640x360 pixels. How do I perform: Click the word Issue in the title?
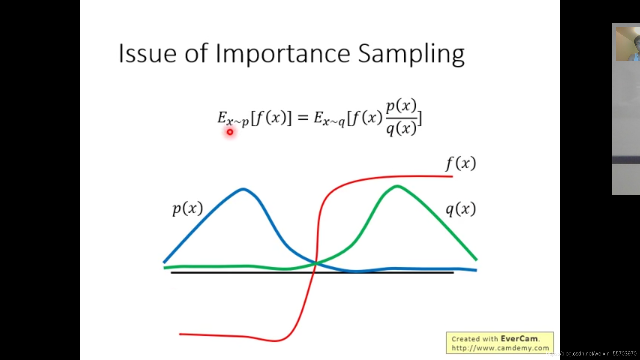[x=147, y=53]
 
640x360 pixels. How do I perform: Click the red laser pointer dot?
[x=230, y=132]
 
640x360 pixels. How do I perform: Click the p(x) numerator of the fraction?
[x=401, y=106]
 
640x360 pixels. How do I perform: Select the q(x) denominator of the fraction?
[x=401, y=128]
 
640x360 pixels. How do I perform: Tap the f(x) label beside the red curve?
[x=461, y=163]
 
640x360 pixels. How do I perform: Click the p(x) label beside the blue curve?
[x=188, y=209]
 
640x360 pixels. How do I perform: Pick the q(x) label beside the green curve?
[x=461, y=209]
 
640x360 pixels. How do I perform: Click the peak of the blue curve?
[x=243, y=189]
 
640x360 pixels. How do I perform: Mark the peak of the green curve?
[x=397, y=186]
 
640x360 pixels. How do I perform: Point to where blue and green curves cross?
[x=315, y=263]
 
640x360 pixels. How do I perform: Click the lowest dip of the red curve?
[x=275, y=341]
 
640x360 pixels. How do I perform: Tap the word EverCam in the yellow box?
[x=519, y=339]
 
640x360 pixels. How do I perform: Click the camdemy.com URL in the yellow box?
[x=500, y=348]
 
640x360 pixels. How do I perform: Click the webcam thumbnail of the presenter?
[x=628, y=44]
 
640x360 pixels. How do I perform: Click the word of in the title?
[x=196, y=53]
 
